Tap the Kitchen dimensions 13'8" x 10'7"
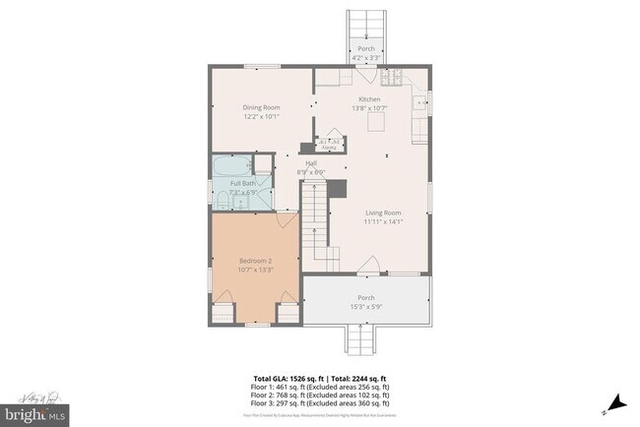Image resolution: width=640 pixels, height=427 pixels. coord(369,109)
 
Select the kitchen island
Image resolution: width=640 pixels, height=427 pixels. coord(375,124)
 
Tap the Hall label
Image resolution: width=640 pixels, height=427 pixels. coord(311,163)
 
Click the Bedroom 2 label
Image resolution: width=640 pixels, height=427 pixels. coord(254,261)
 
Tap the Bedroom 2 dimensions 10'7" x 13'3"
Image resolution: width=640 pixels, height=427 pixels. coord(254,270)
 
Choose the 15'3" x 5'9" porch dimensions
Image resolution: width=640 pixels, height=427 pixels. coord(365,307)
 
